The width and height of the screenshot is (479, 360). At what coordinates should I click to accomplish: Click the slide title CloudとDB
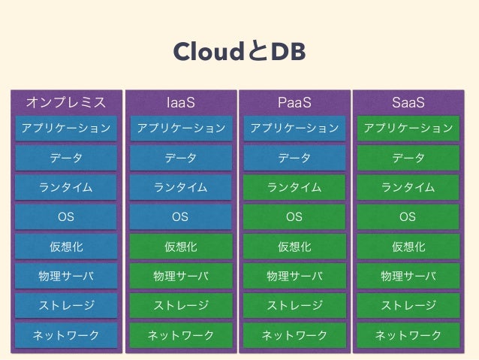coord(239,53)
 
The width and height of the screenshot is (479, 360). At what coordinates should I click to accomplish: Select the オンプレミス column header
coord(66,101)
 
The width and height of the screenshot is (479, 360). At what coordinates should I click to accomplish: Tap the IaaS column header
coord(180,101)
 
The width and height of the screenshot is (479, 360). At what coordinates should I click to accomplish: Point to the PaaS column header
coord(294,101)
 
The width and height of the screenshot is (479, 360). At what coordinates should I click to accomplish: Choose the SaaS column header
coord(408,101)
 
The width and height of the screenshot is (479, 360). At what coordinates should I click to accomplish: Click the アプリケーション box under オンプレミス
coord(66,128)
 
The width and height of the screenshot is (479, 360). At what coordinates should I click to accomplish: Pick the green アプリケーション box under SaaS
coord(408,128)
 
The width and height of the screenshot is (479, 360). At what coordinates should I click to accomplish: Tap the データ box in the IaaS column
coord(180,158)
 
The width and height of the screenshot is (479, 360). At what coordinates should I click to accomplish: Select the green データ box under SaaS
coord(408,158)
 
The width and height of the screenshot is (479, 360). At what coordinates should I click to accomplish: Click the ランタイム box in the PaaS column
coord(294,187)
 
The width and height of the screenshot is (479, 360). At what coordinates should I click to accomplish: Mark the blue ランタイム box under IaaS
coord(180,187)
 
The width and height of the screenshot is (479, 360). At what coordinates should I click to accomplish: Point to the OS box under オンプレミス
coord(66,216)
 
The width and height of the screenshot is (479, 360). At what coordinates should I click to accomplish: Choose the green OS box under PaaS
coord(294,216)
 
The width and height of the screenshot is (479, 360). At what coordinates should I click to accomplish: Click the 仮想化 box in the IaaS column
coord(180,247)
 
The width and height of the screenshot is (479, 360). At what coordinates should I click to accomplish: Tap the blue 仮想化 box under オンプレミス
coord(66,247)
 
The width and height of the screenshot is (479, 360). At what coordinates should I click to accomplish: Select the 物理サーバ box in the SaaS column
coord(408,276)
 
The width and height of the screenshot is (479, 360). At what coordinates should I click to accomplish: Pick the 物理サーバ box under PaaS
coord(294,276)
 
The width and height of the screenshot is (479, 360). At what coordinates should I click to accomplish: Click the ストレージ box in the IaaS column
coord(180,305)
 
